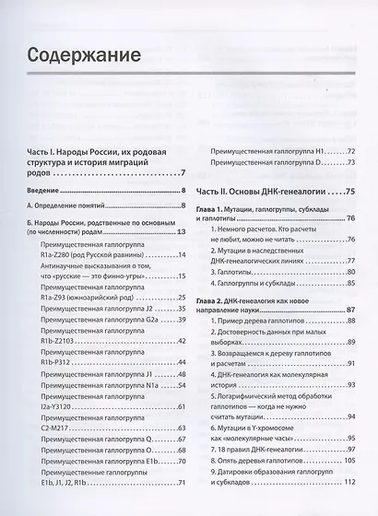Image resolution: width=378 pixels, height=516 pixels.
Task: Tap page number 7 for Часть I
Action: (x=184, y=172)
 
